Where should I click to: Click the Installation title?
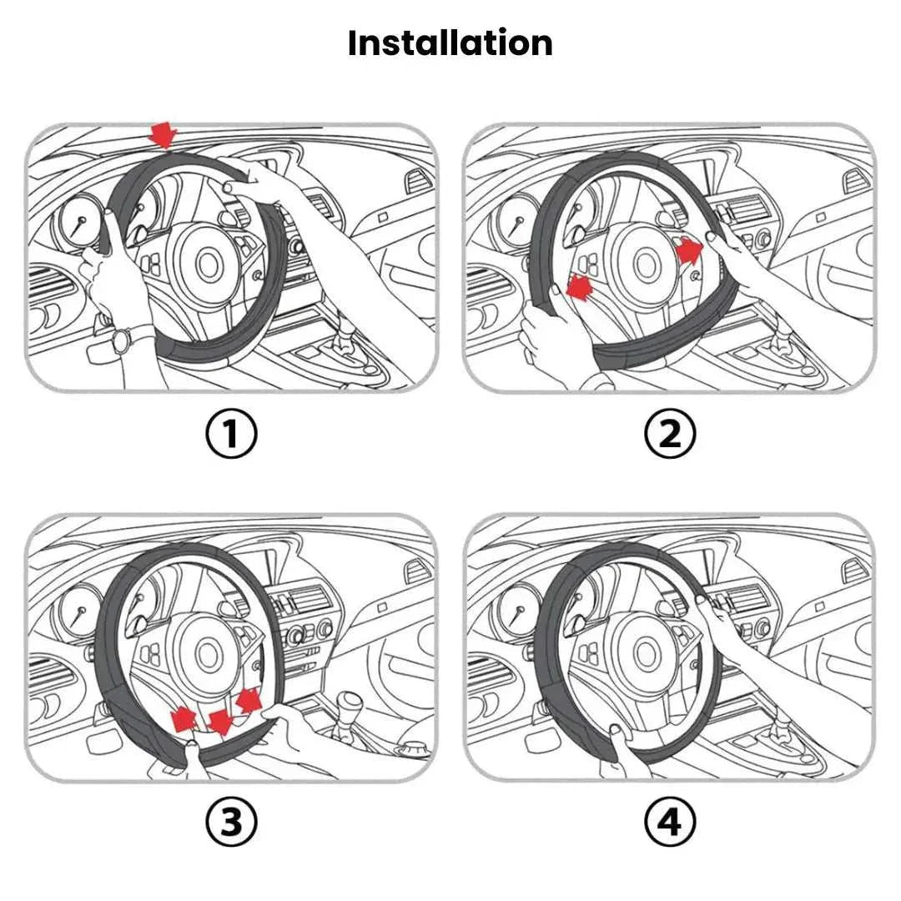coord(450,43)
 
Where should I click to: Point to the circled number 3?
coord(231,823)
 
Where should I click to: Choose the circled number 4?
coord(670,823)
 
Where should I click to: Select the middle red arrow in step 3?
coord(220,722)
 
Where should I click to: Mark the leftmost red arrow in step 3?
coord(184,717)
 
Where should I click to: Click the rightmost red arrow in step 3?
coord(249,699)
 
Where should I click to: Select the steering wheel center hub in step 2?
coord(643,265)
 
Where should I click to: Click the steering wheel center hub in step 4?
coord(643,654)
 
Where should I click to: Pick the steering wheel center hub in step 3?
coord(204,653)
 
